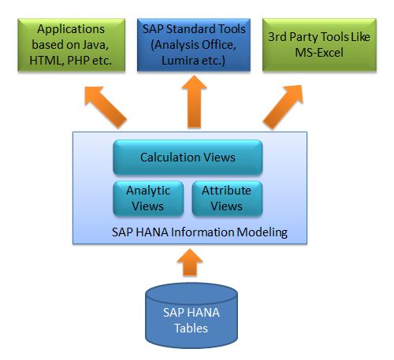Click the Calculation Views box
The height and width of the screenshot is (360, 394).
coord(188,158)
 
